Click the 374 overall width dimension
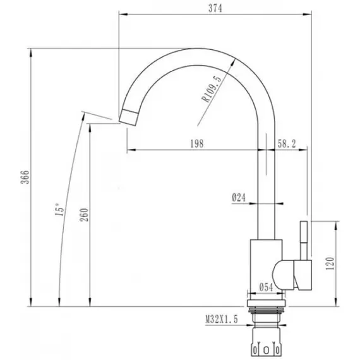(215, 8)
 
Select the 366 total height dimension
(25, 177)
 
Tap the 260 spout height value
(84, 215)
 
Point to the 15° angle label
(59, 210)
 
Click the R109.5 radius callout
(212, 88)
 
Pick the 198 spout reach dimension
(197, 144)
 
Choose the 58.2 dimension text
(287, 144)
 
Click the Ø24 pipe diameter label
(239, 198)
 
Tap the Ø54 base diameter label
(267, 287)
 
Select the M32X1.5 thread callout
(222, 320)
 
